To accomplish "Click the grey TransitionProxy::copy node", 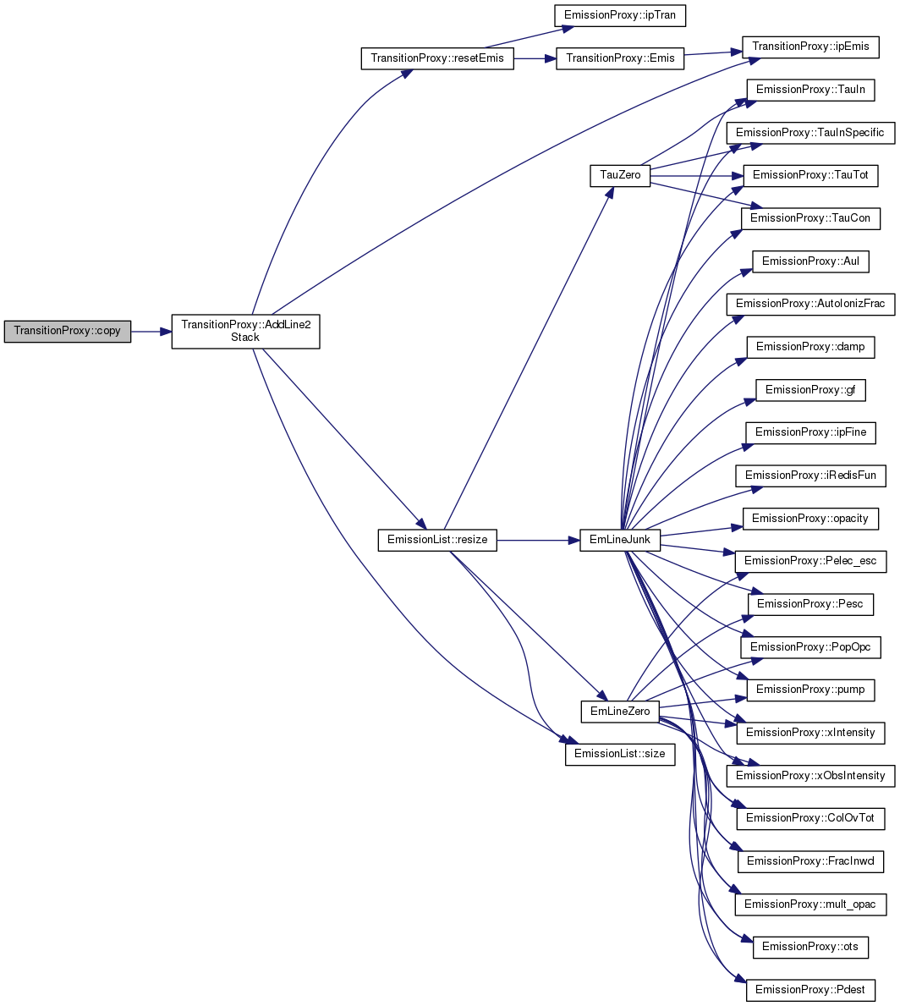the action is (68, 331).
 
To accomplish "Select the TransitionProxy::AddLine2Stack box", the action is (245, 331).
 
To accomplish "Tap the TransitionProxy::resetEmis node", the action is (437, 58).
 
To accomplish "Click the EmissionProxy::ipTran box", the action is (620, 15).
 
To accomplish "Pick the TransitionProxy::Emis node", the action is (620, 58).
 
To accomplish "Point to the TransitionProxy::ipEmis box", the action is (811, 47).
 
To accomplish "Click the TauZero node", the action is (620, 176).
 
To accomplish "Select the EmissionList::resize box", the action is (437, 540).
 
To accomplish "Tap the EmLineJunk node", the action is (620, 540).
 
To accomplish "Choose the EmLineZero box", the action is (620, 712).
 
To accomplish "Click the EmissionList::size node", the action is (620, 755).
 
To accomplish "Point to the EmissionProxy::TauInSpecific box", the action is (811, 133).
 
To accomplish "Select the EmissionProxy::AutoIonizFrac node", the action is (811, 304).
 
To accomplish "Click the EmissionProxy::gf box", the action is (811, 390).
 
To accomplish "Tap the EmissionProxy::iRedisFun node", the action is (811, 476).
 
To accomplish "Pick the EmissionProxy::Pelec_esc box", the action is (811, 562).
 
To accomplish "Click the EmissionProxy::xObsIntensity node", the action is (811, 776).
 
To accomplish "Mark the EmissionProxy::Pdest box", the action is (811, 990).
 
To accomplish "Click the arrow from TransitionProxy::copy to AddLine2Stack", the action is (151, 332).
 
